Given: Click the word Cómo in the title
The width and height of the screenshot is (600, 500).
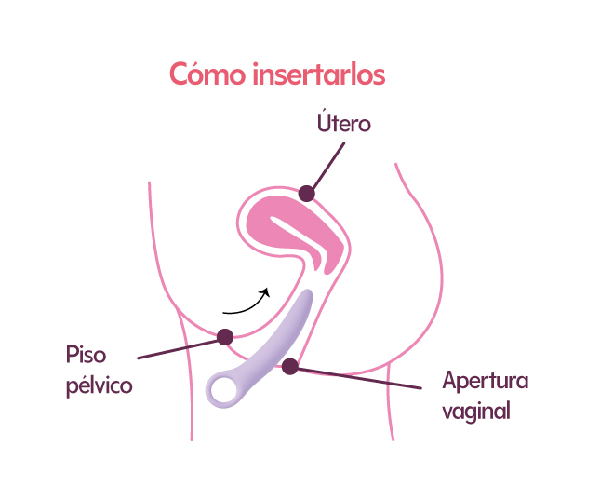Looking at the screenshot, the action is click(207, 74).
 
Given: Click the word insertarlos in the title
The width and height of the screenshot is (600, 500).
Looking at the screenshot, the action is click(319, 74).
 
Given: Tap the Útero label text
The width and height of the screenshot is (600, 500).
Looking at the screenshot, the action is click(344, 121).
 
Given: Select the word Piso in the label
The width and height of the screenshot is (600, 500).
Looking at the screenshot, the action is click(86, 355).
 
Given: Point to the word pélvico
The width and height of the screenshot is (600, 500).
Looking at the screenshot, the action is click(100, 385).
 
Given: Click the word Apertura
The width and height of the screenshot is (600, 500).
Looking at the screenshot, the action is click(486, 381).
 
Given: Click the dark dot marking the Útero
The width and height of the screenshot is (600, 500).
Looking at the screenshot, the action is click(306, 194).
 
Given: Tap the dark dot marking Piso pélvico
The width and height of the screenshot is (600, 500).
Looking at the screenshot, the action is click(225, 337).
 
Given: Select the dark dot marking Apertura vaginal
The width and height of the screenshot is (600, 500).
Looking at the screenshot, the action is click(290, 366).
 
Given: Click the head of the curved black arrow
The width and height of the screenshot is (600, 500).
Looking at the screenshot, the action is click(265, 292).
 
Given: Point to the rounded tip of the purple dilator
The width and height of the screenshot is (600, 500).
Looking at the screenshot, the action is click(307, 294).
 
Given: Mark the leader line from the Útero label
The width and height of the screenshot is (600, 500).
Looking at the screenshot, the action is click(328, 166).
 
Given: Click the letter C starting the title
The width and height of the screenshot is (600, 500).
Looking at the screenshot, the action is click(180, 74).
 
